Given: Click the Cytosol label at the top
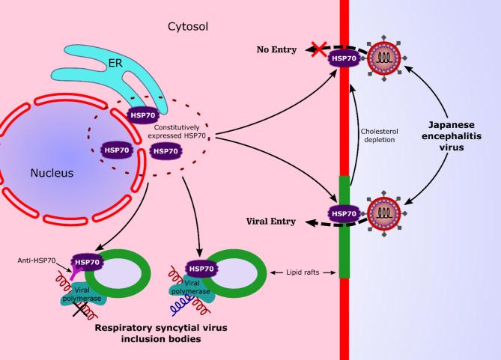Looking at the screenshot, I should coord(188,25).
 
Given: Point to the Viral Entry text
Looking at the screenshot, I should coord(271,222).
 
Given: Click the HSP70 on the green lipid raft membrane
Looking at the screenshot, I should coord(344,214).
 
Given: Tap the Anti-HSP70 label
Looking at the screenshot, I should coord(36,260).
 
